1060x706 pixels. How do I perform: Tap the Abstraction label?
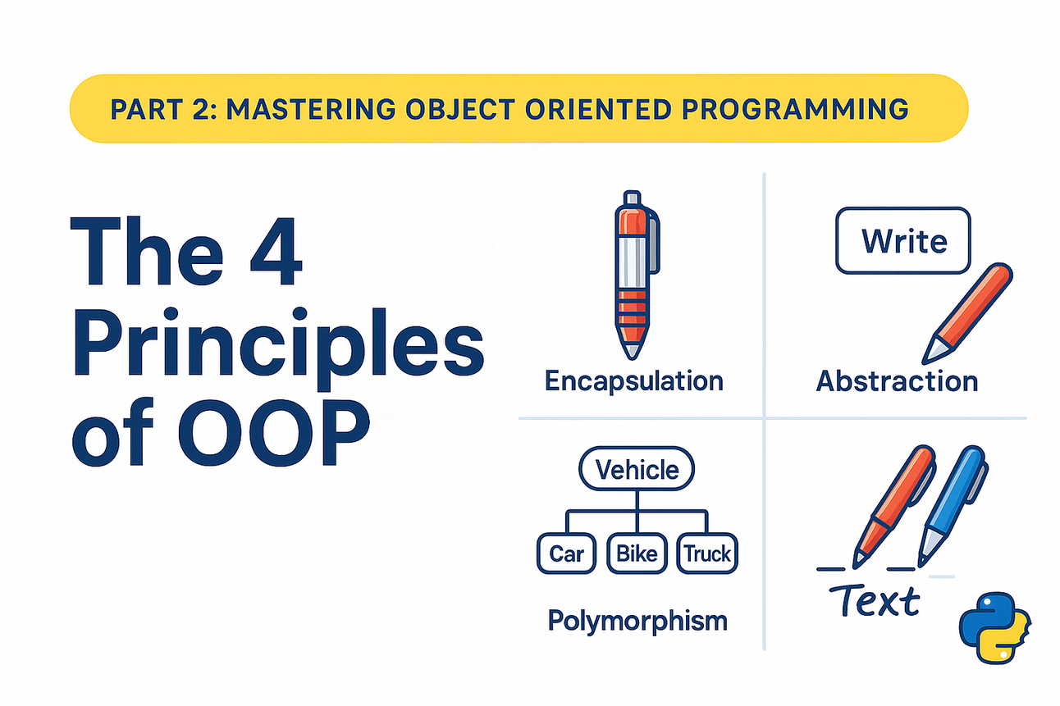coord(896,381)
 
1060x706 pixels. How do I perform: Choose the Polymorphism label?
coord(637,621)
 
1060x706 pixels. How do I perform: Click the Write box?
coord(902,241)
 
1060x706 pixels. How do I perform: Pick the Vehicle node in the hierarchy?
coord(637,470)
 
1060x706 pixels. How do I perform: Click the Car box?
coord(566,553)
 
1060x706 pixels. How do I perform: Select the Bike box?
coord(637,553)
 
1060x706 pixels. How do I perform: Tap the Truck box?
coord(707,553)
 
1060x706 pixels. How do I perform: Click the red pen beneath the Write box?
coord(968,311)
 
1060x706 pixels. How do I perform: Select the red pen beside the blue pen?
coord(893,504)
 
